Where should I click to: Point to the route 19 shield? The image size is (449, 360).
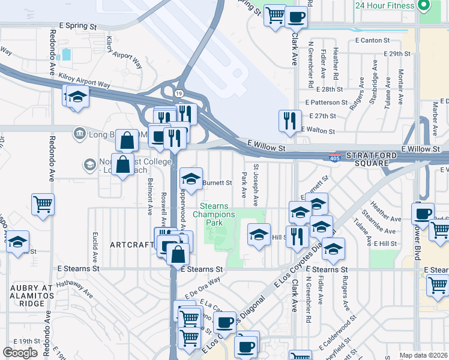click(x=179, y=93)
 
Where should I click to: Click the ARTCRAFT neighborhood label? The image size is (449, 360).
click(x=132, y=245)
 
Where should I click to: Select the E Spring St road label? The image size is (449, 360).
click(x=74, y=27)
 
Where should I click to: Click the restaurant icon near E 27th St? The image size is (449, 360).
click(x=290, y=121)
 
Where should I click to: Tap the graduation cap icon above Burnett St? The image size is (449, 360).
click(x=191, y=178)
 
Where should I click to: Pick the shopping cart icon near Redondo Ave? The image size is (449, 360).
click(x=43, y=204)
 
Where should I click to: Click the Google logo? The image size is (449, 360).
click(x=20, y=353)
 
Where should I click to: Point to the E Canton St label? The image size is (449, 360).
click(x=372, y=41)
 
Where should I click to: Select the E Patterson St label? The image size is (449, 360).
click(x=326, y=103)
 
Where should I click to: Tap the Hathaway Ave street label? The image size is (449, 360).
click(x=74, y=290)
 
